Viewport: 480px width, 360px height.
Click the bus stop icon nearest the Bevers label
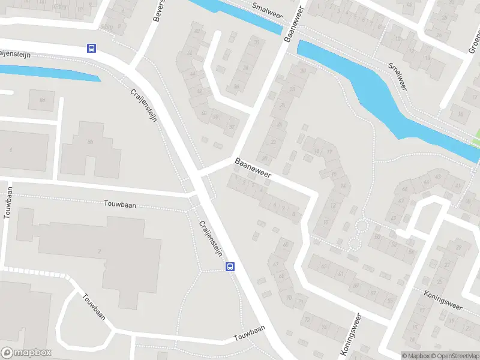92,49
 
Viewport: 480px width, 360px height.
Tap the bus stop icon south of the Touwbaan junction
230,266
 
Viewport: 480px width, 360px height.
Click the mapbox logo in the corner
26,353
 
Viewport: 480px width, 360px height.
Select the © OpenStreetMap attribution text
454,356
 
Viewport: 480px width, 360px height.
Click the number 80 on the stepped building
91,142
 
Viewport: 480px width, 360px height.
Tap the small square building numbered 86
41,100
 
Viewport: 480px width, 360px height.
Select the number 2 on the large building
99,250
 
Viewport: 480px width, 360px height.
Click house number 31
256,43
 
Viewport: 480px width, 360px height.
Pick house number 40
205,113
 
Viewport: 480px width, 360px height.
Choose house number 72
308,320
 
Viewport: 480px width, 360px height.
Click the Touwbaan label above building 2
119,205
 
